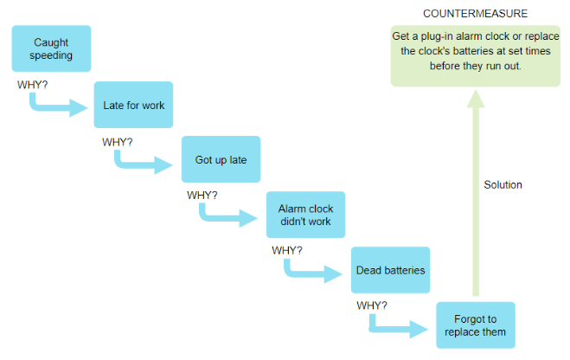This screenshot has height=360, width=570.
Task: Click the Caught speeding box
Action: (51, 48)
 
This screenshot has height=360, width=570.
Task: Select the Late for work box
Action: (133, 106)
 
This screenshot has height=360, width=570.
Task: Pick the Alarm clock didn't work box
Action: (305, 215)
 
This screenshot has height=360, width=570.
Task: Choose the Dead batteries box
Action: (390, 270)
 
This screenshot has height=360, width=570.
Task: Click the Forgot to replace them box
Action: (475, 325)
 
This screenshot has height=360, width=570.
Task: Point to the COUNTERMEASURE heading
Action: (475, 14)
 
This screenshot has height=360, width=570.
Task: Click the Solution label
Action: (503, 184)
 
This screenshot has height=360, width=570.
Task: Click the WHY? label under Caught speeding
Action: (33, 85)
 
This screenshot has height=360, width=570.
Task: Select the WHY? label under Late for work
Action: (117, 141)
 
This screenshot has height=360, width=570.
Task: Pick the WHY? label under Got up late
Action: (202, 195)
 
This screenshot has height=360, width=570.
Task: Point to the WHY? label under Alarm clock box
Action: (287, 250)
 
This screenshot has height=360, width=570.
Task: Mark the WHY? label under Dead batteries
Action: (372, 305)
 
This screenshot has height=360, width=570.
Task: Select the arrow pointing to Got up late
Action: (149, 163)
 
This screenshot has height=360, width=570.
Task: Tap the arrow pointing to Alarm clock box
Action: (234, 216)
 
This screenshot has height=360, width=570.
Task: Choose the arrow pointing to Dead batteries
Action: (318, 273)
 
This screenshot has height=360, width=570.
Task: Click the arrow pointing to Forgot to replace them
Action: (403, 328)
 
